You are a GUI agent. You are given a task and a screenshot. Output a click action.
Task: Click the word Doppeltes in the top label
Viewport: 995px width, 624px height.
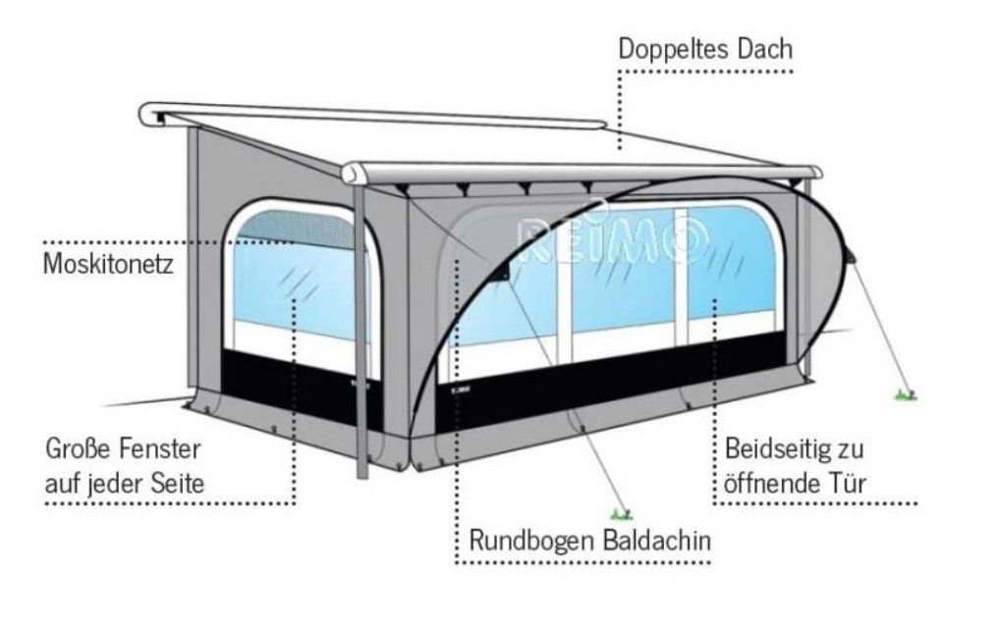[x=674, y=49]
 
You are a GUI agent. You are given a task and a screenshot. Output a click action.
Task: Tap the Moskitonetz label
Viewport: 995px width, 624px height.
[x=108, y=263]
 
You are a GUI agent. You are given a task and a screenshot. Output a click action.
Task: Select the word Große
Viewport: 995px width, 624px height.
[x=74, y=449]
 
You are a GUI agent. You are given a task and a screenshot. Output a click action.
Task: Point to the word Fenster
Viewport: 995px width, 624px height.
[x=155, y=449]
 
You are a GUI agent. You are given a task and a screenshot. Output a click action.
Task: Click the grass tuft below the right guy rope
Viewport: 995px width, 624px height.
[x=906, y=395]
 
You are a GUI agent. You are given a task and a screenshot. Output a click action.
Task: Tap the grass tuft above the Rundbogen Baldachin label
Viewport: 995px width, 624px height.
[x=621, y=514]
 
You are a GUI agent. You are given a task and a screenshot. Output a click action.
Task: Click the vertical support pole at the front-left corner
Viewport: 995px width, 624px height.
[x=360, y=330]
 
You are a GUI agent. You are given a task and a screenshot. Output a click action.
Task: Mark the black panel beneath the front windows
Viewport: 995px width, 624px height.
[x=612, y=380]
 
